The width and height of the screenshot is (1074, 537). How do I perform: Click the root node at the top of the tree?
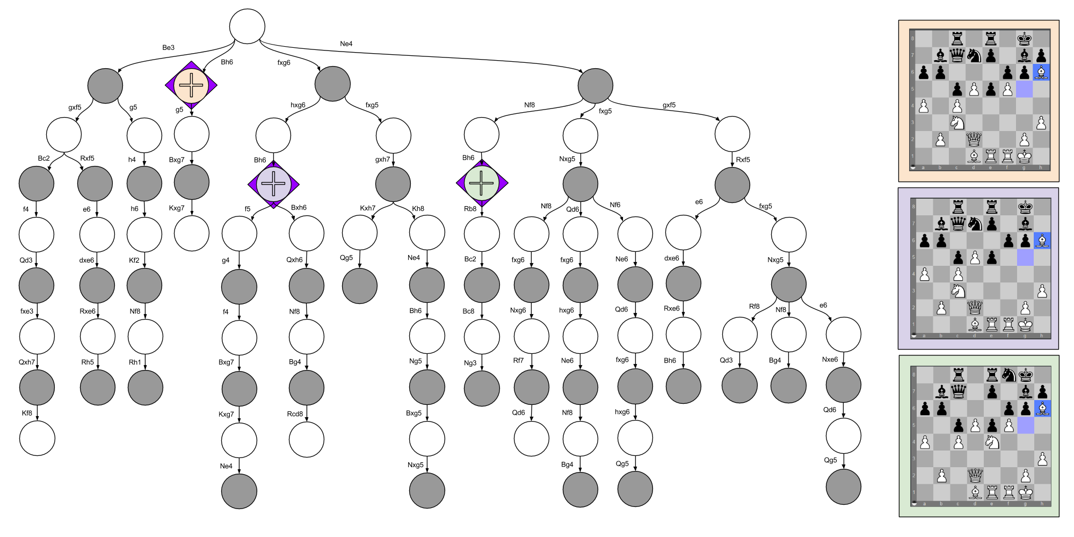point(247,26)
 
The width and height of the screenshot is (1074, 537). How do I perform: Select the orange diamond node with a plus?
point(191,85)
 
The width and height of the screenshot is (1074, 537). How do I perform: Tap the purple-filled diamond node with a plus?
point(273,184)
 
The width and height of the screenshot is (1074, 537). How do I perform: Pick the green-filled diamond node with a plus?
point(482,183)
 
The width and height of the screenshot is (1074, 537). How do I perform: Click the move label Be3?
point(168,48)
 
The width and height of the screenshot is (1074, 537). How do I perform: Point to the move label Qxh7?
point(27,362)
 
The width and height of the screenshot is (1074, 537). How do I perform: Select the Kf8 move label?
point(27,413)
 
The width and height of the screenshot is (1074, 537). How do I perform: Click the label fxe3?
point(27,311)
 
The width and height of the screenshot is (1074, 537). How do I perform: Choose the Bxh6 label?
point(299,208)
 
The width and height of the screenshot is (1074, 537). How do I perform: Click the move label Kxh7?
point(367,208)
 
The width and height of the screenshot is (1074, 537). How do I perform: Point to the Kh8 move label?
point(418,209)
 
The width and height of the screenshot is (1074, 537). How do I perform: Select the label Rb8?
point(470,209)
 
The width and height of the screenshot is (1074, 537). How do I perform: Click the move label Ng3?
point(470,363)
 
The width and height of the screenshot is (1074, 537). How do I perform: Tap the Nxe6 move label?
point(830,359)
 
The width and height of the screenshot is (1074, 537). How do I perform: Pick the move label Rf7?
point(518,360)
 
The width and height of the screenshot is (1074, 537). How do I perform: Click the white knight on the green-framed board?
point(992,442)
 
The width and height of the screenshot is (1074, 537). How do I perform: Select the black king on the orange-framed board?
point(1025,38)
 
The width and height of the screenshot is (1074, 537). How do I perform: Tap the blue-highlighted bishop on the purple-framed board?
point(1042,240)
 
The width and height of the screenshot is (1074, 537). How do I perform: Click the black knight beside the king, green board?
point(1008,374)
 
